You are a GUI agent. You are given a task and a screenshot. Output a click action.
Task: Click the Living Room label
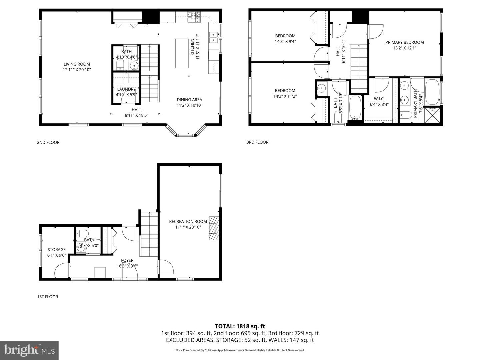tap(77, 64)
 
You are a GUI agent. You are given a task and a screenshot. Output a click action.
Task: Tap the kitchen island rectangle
tap(182, 53)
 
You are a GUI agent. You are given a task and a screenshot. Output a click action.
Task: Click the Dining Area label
tap(189, 100)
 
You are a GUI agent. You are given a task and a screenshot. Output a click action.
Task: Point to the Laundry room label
tap(126, 89)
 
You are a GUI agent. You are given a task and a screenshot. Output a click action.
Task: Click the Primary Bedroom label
tap(404, 42)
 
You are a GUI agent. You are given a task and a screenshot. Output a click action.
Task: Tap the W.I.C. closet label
tap(379, 99)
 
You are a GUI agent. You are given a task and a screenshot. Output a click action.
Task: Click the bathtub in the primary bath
tap(432, 91)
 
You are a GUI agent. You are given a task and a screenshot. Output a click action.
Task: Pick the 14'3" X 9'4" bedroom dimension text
tap(285, 42)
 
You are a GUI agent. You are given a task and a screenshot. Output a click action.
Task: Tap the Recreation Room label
tap(188, 221)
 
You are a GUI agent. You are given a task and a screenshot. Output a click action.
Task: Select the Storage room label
tap(57, 250)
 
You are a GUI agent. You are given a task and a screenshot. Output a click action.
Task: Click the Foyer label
tap(127, 261)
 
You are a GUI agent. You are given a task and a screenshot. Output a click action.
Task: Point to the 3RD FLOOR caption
tap(257, 142)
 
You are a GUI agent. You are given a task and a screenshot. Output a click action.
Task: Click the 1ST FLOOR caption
tap(47, 297)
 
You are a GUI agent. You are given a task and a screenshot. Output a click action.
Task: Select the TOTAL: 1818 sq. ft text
tap(240, 326)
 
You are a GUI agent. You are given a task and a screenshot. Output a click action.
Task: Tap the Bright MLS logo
tap(29, 350)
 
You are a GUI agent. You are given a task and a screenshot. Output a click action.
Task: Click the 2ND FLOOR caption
tap(48, 142)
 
